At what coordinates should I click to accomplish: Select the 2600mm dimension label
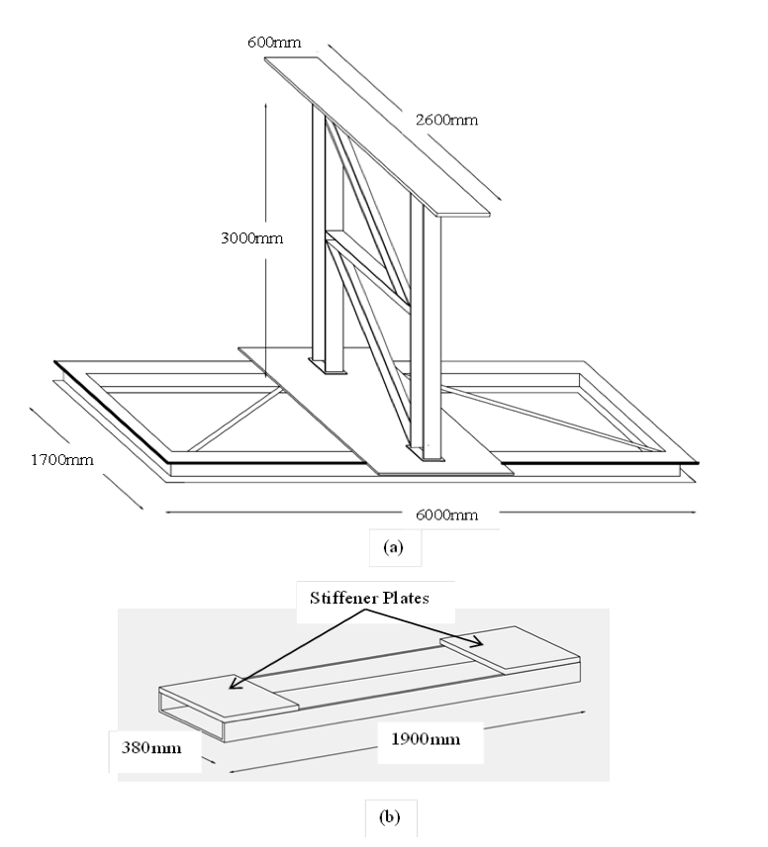(x=445, y=120)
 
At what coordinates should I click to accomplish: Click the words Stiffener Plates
(x=362, y=598)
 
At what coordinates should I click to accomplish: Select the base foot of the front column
(x=432, y=457)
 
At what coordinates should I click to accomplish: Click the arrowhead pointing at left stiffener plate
(x=233, y=682)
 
